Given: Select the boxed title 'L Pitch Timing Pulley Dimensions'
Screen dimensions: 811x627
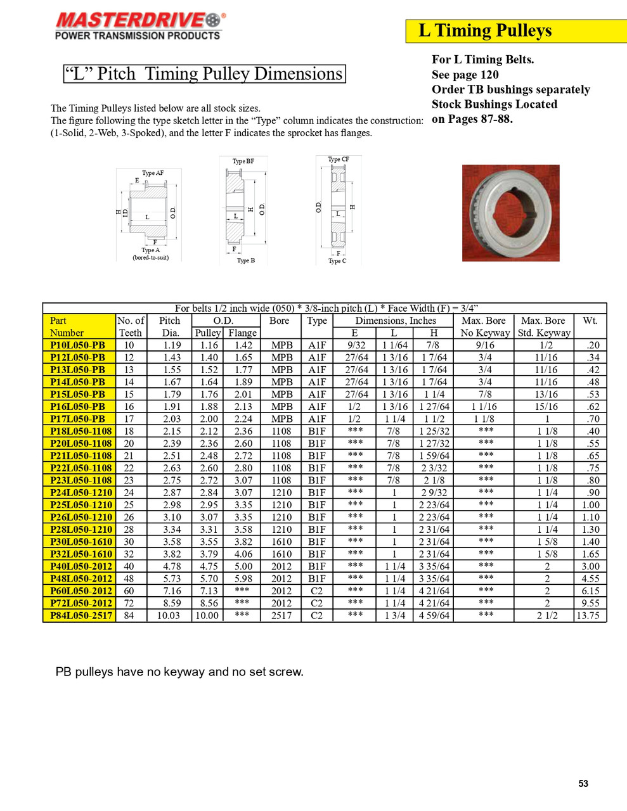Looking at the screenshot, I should [204, 74].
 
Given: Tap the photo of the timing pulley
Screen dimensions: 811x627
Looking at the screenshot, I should [510, 212].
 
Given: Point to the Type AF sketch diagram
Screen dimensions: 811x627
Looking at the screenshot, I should [148, 215].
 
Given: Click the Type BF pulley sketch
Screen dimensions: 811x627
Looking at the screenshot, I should [243, 210].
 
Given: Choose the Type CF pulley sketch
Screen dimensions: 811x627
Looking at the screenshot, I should [338, 210].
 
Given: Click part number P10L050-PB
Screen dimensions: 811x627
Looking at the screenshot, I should [78, 345].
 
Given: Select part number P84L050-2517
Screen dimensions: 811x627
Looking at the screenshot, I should [81, 615].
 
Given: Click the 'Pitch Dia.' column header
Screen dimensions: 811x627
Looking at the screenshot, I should [169, 326].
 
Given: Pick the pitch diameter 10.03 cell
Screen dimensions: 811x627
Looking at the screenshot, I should [169, 615].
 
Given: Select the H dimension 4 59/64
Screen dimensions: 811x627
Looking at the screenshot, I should [434, 615].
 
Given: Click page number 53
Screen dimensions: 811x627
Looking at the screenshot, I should [583, 784].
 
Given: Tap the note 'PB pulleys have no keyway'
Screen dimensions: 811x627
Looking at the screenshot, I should [179, 672].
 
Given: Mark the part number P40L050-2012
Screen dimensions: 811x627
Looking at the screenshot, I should [81, 566].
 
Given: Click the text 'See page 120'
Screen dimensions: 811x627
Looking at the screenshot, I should [465, 75].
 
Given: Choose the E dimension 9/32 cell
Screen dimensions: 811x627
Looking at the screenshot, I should [356, 345].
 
